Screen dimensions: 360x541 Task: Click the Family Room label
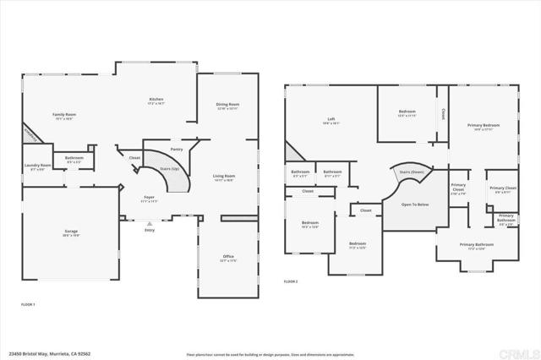tap(64, 114)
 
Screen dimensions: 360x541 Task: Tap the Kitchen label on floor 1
tap(156, 100)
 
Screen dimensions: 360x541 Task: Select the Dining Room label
tap(228, 105)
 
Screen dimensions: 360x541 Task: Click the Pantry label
tap(177, 149)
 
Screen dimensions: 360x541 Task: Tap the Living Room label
tap(224, 176)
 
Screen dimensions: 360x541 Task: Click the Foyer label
tap(148, 197)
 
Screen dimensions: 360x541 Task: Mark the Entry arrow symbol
tap(150, 223)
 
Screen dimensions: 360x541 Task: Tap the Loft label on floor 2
tap(331, 119)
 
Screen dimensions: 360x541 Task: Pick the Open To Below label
tap(415, 205)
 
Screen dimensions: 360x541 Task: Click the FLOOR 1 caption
tap(28, 303)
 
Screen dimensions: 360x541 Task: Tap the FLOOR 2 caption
tap(291, 281)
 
